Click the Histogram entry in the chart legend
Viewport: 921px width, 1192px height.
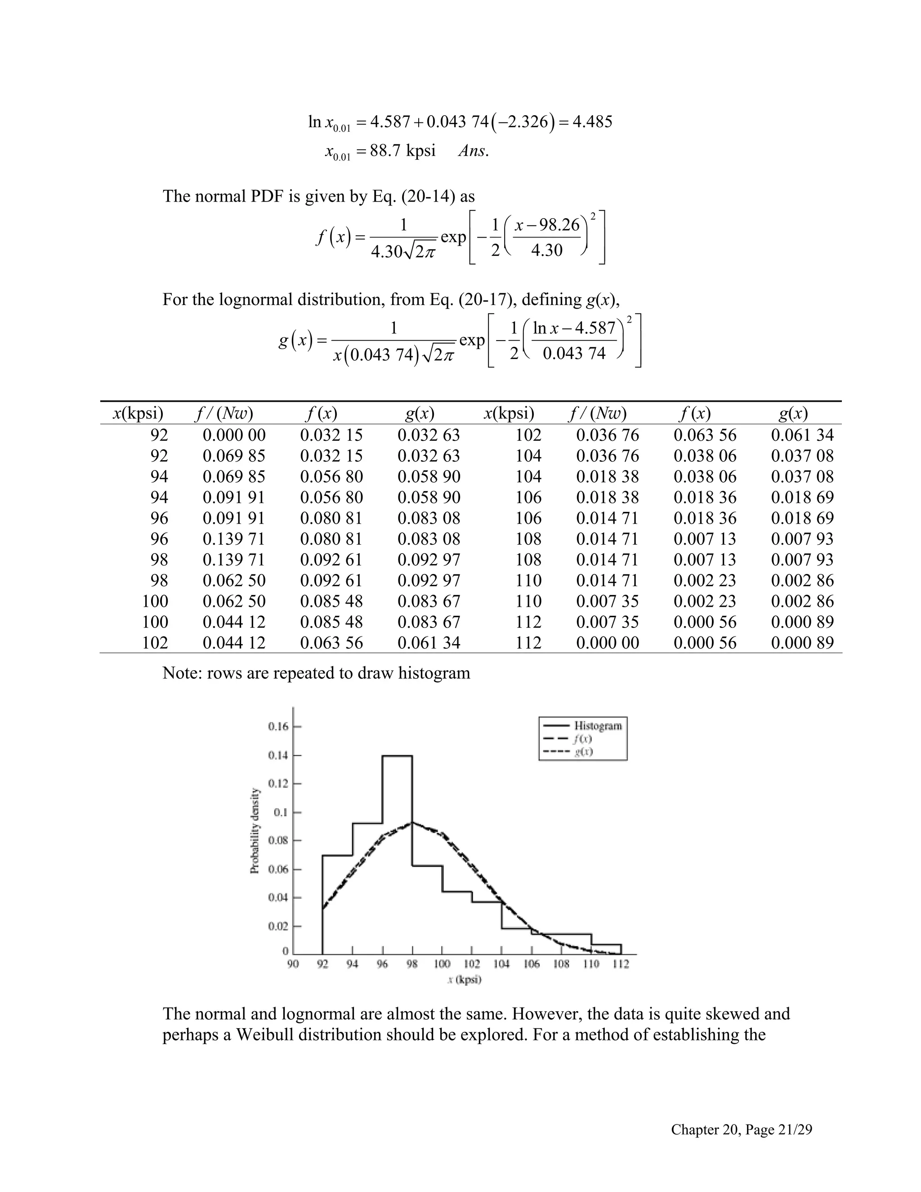click(x=598, y=726)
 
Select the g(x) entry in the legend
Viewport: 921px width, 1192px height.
click(x=583, y=752)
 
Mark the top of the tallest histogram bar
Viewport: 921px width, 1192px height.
click(x=397, y=756)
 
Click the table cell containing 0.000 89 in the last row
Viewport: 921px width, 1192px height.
click(x=802, y=642)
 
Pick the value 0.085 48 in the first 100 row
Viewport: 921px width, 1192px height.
click(x=331, y=601)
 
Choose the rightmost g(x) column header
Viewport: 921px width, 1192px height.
click(x=793, y=414)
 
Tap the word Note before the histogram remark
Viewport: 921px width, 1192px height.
click(x=181, y=673)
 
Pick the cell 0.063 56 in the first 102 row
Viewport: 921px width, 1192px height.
click(x=331, y=642)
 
